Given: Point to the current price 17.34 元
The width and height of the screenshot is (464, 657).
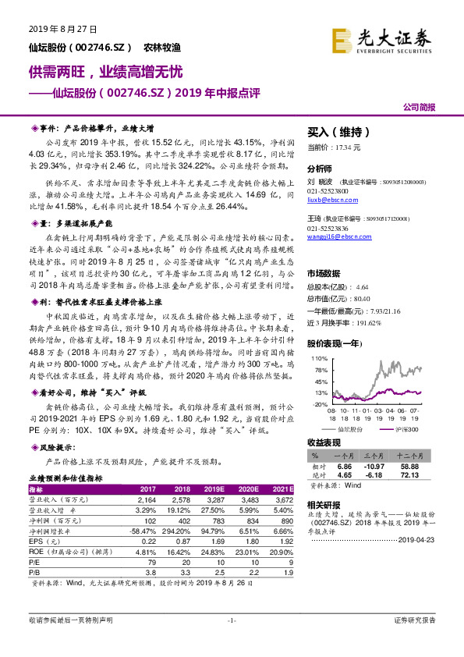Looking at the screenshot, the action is (351, 147).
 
